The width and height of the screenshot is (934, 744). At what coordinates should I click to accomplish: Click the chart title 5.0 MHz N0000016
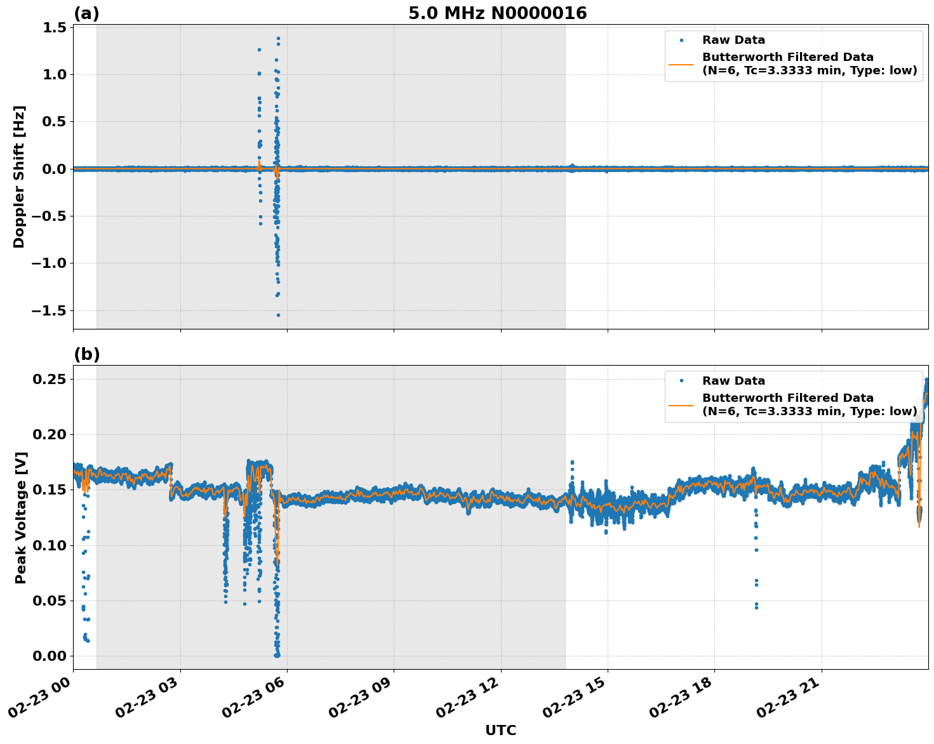point(497,13)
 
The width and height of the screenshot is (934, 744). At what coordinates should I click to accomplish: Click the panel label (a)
point(86,13)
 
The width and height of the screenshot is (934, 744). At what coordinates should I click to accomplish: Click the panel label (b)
point(86,354)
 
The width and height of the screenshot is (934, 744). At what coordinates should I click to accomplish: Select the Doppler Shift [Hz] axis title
point(19,176)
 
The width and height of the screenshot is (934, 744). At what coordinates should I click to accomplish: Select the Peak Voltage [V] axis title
point(21,517)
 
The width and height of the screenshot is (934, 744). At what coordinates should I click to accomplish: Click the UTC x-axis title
point(500,730)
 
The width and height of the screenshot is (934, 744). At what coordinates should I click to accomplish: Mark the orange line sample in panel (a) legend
point(681,64)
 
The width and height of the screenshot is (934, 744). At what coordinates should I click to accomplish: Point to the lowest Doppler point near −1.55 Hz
point(278,315)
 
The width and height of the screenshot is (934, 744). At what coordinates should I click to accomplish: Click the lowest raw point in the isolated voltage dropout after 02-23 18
point(756,608)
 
